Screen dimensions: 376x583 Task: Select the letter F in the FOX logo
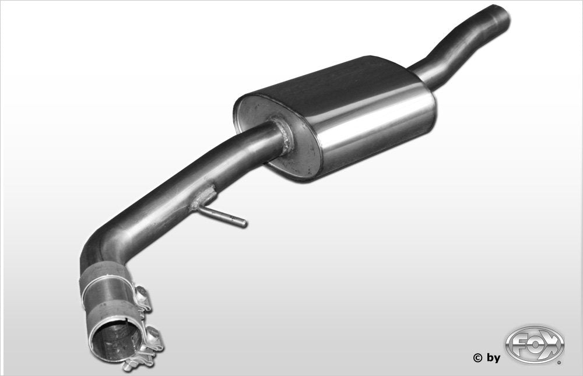click(x=518, y=345)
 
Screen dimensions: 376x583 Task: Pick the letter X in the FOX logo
click(x=552, y=345)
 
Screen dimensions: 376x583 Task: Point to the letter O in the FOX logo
click(x=535, y=345)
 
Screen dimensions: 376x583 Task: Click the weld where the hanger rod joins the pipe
click(x=202, y=198)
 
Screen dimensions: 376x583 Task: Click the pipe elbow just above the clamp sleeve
click(x=99, y=251)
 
